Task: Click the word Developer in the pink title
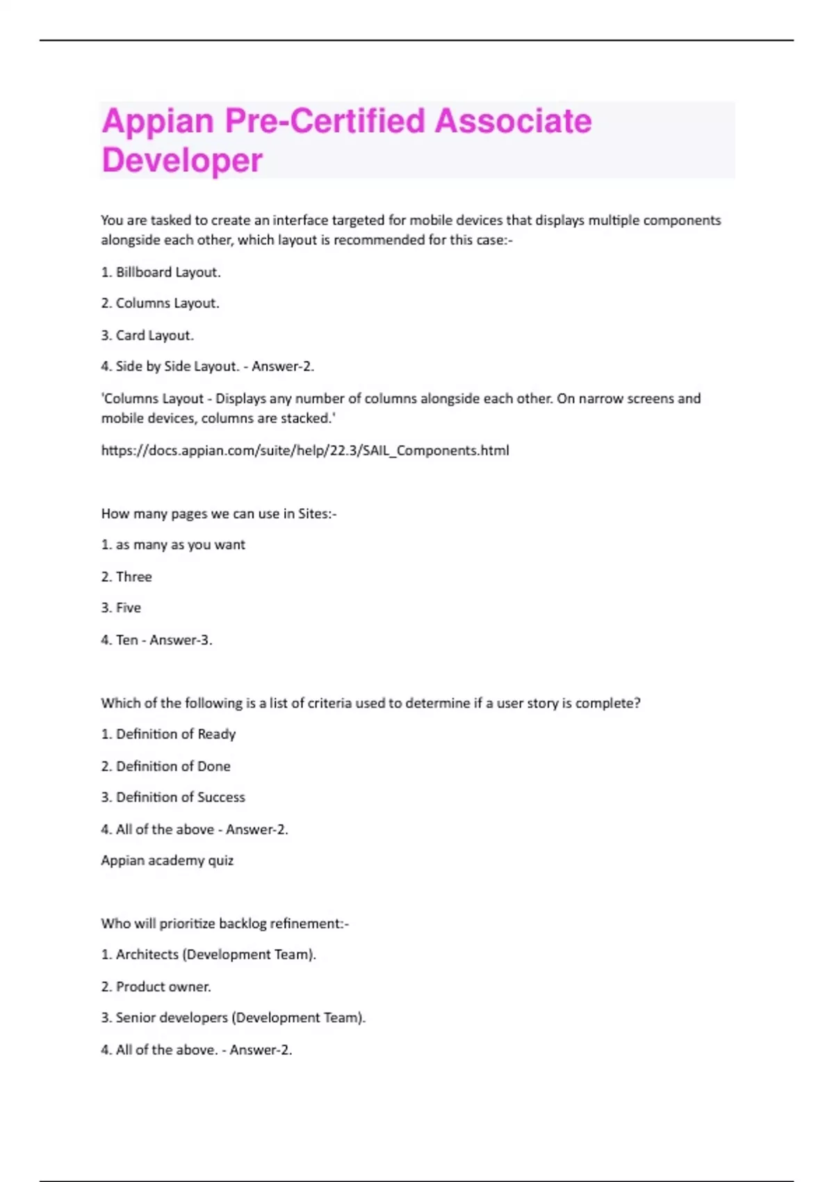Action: coord(182,160)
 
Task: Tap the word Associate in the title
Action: coord(513,121)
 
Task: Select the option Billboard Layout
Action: coord(161,272)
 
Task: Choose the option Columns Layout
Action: coord(161,303)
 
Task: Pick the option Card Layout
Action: coord(147,335)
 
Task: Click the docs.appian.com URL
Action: coord(305,451)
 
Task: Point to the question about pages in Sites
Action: coord(219,514)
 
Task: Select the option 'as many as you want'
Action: coord(173,544)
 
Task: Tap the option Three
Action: coord(126,576)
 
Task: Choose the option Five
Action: coord(122,608)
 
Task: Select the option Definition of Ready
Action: coord(168,734)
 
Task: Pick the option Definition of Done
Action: coord(166,766)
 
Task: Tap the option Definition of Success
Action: coord(173,798)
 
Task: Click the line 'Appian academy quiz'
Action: coord(167,861)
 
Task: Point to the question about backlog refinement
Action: coord(225,923)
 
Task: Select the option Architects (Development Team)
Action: coord(208,955)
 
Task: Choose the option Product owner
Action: coord(156,987)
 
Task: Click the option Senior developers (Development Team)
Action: coord(234,1018)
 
